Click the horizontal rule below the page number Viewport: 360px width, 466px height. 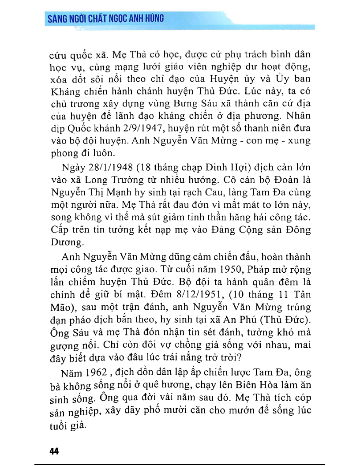(180, 464)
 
